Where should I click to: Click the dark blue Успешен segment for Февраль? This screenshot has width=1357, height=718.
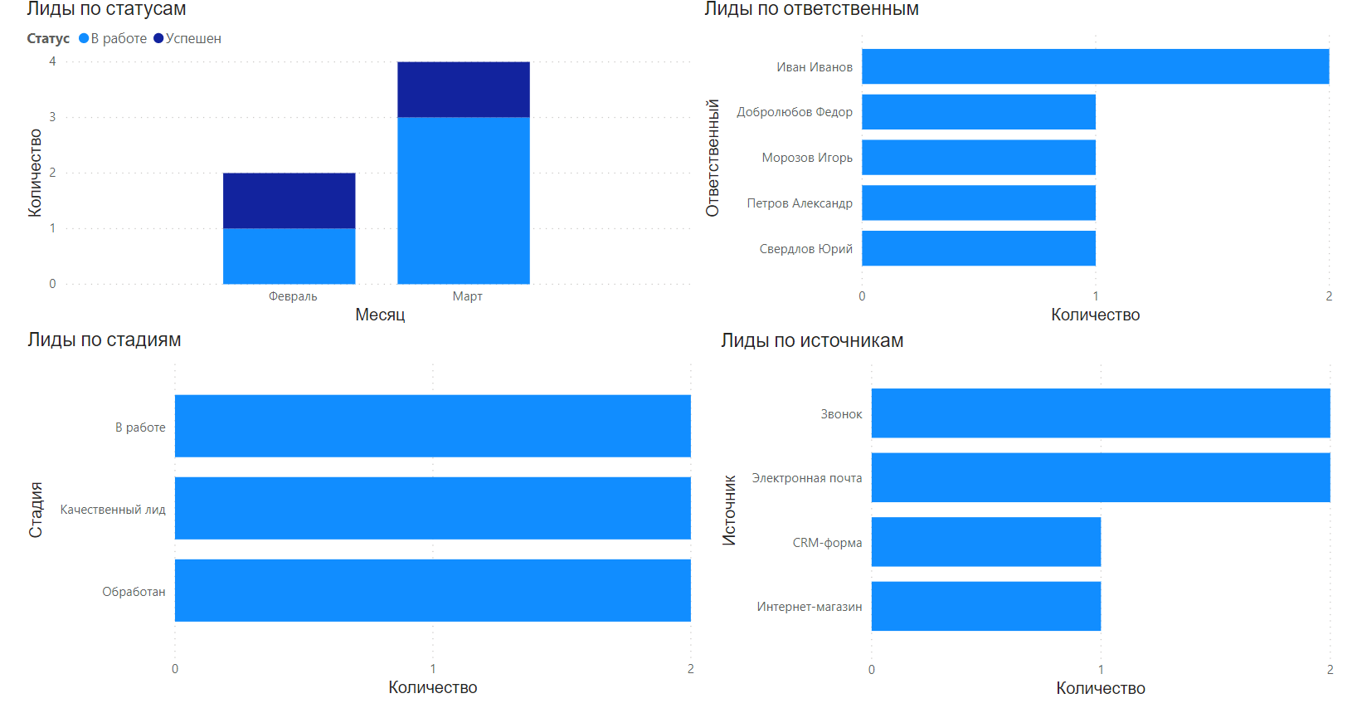289,200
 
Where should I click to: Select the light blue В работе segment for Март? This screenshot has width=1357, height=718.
463,200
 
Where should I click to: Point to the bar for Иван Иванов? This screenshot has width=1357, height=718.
1095,66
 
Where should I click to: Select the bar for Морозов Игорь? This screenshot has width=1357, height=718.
978,158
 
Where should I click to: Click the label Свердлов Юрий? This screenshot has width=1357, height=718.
805,249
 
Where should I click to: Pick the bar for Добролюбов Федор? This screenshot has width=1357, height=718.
978,112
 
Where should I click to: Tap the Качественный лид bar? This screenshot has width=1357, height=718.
432,508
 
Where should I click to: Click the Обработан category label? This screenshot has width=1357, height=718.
134,592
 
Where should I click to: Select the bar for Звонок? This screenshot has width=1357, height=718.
1100,413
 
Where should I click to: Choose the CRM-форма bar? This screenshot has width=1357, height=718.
985,542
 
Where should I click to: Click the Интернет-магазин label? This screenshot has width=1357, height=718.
809,607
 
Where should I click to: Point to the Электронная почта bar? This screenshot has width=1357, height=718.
1100,477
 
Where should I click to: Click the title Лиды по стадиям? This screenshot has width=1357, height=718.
104,339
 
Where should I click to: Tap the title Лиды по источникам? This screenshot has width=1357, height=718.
811,340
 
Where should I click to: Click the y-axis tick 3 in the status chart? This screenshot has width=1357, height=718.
52,117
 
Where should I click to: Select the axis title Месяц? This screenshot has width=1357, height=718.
380,315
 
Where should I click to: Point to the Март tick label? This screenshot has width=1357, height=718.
467,296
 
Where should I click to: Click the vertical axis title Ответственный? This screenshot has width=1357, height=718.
713,158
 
